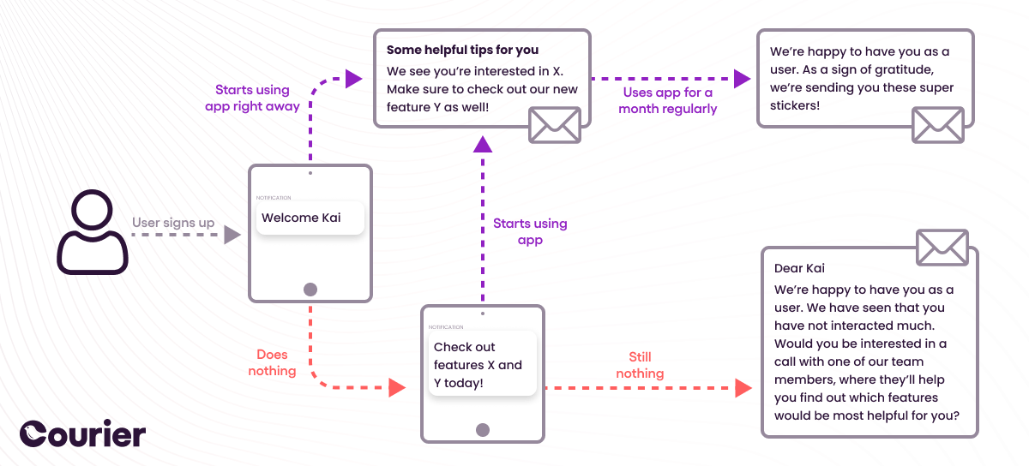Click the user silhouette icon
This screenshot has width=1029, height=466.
click(x=93, y=232)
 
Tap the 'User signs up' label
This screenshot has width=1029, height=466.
click(x=173, y=223)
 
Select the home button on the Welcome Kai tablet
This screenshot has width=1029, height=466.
click(x=310, y=290)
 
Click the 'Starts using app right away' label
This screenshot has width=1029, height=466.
click(x=252, y=99)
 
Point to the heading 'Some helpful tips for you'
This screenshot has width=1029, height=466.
click(x=462, y=51)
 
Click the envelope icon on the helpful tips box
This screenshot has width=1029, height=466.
click(x=554, y=125)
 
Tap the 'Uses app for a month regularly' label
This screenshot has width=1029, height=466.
click(x=667, y=100)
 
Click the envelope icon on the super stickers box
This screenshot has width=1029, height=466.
click(x=937, y=125)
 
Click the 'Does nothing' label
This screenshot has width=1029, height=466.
click(x=272, y=362)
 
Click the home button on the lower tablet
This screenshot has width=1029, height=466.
click(x=483, y=430)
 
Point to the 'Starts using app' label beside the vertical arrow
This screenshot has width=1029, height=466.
click(x=530, y=232)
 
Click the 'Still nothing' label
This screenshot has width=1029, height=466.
click(x=640, y=365)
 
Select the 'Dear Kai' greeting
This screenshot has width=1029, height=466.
click(x=799, y=269)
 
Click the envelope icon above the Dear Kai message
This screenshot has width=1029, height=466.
click(x=942, y=248)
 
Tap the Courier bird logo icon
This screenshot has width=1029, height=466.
click(x=37, y=434)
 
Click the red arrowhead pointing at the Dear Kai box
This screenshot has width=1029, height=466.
click(x=743, y=388)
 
